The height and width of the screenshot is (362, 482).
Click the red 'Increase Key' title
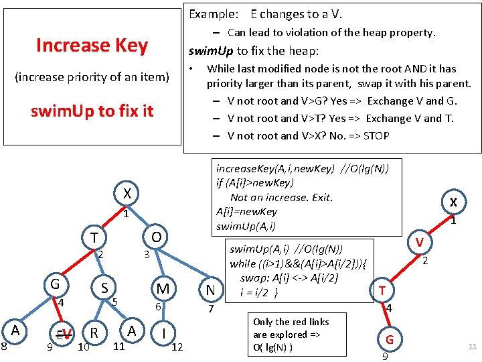tap(92, 45)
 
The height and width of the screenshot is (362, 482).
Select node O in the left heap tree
tap(155, 238)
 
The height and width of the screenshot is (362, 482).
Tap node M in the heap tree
tap(163, 289)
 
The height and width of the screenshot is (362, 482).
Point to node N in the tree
tap(210, 290)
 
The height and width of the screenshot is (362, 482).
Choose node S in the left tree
tap(105, 288)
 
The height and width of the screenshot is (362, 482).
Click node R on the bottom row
tap(94, 333)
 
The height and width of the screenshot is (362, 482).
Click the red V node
tap(419, 241)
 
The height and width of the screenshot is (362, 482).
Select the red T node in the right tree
tap(382, 290)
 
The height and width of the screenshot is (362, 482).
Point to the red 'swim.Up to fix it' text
tap(92, 111)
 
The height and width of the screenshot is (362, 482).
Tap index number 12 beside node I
tap(177, 347)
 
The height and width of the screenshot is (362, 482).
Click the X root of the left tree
tap(127, 194)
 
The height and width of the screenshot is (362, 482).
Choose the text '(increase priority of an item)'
tap(92, 77)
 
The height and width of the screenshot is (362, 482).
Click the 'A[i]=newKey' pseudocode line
tap(246, 211)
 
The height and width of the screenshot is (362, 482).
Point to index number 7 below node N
tap(210, 309)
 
